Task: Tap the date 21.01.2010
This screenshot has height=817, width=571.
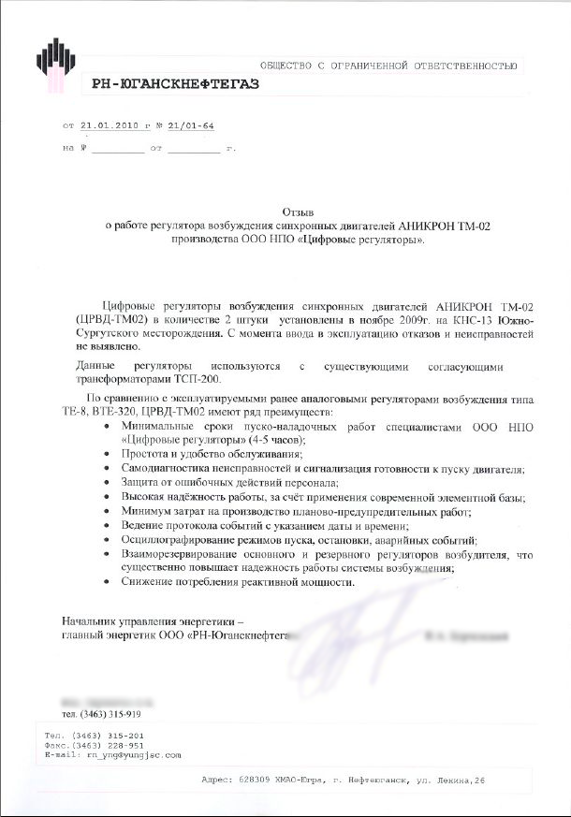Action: point(110,124)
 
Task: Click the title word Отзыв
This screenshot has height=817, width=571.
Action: point(297,212)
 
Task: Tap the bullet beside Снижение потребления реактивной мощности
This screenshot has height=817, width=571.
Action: point(111,581)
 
